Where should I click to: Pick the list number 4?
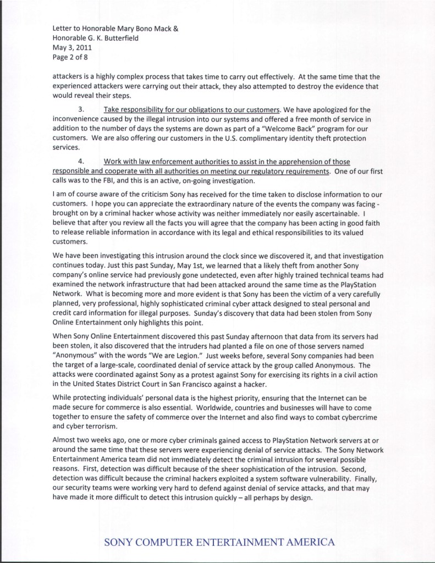pos(82,161)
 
